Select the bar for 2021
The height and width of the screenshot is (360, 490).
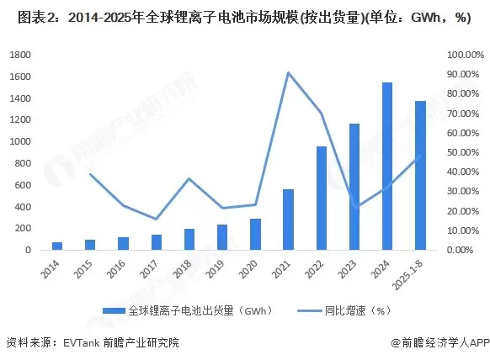288,220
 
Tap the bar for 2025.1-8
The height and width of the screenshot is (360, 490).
419,176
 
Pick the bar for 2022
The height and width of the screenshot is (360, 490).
321,199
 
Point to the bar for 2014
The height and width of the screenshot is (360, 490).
57,246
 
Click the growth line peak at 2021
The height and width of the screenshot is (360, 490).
288,72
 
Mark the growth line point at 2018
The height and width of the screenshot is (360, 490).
189,178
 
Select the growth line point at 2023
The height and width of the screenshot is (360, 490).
354,207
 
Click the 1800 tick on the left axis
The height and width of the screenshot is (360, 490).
20,55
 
